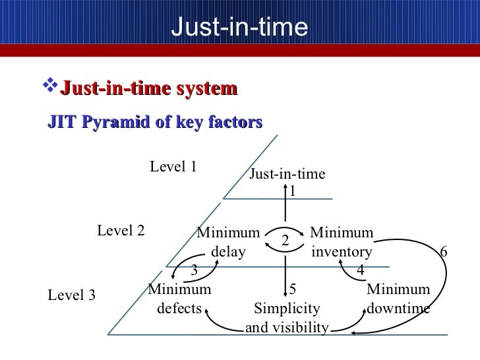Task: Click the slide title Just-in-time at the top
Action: click(x=239, y=27)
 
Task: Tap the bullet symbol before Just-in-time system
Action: click(x=49, y=87)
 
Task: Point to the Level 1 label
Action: click(x=173, y=167)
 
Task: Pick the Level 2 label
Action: click(x=121, y=231)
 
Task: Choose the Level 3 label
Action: click(x=72, y=295)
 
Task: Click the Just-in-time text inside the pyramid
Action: click(x=287, y=174)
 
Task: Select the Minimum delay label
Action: click(x=228, y=242)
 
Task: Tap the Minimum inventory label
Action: click(x=342, y=242)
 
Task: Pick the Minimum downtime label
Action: click(x=398, y=299)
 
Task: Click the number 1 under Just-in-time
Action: click(x=293, y=191)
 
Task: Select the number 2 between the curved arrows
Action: click(x=285, y=240)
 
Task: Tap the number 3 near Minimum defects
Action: click(x=195, y=270)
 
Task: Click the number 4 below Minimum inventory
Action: click(x=360, y=270)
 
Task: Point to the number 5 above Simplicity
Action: click(x=293, y=289)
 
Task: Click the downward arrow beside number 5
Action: click(x=285, y=277)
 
